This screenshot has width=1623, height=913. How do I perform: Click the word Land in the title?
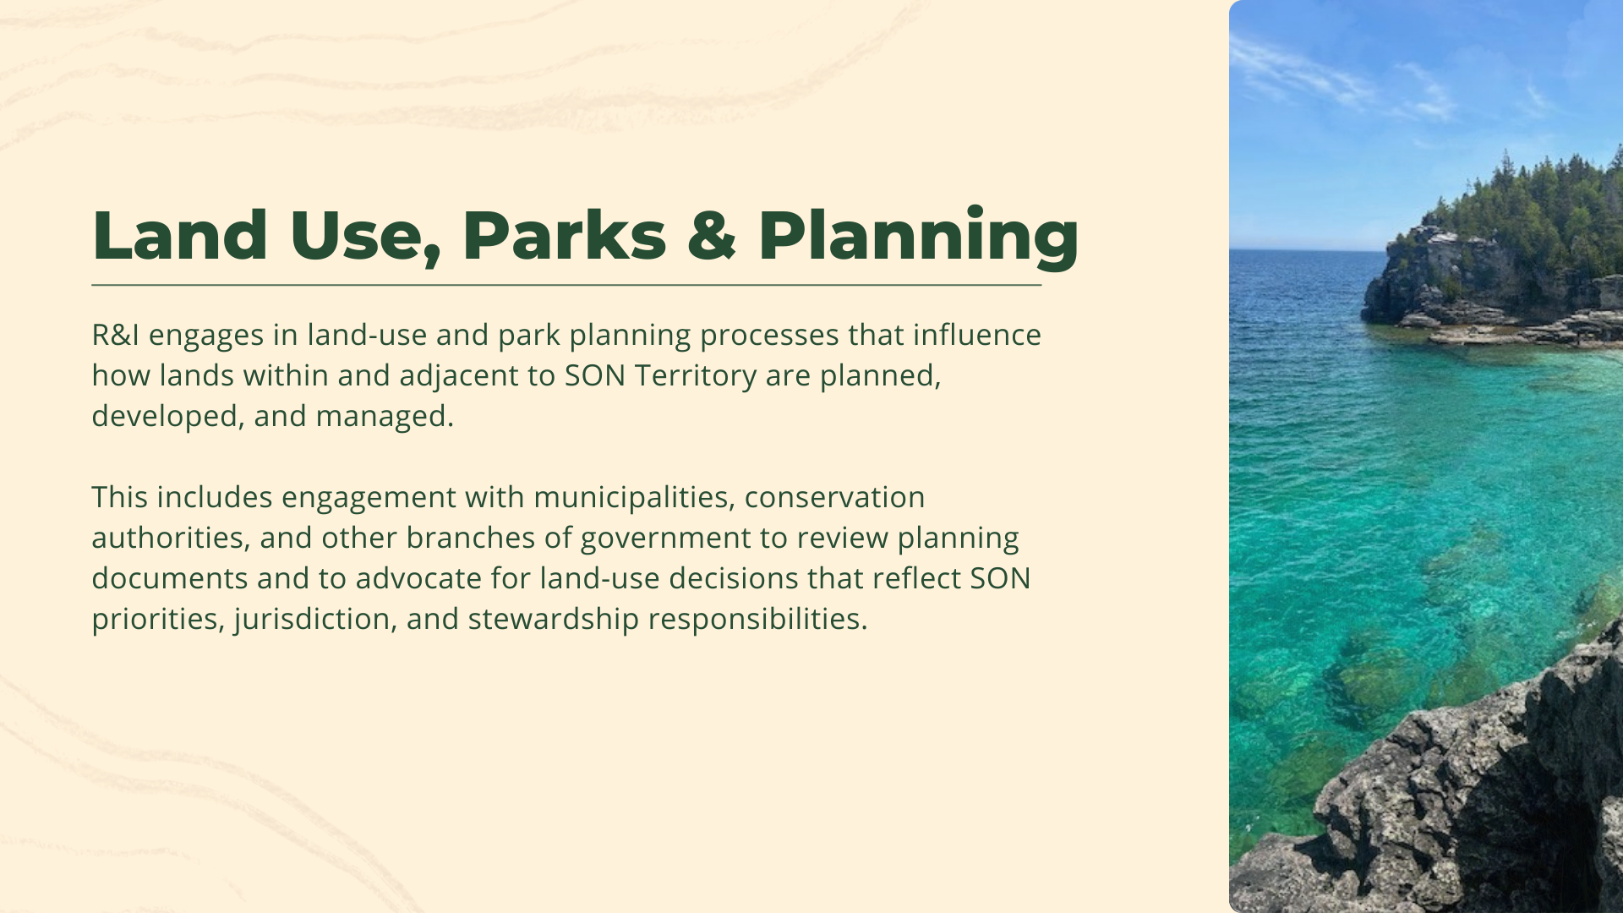[x=179, y=236]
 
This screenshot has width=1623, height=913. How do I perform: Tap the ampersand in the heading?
[x=711, y=236]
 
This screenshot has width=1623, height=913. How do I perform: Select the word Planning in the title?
[x=917, y=236]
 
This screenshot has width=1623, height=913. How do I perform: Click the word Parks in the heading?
[x=564, y=236]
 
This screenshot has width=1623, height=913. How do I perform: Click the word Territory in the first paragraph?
[x=695, y=375]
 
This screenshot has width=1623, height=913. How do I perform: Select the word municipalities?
[x=631, y=497]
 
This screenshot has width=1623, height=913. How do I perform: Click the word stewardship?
[x=553, y=619]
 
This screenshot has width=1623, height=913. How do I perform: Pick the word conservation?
[x=834, y=497]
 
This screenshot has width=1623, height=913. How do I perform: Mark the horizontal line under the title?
[x=566, y=286]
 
